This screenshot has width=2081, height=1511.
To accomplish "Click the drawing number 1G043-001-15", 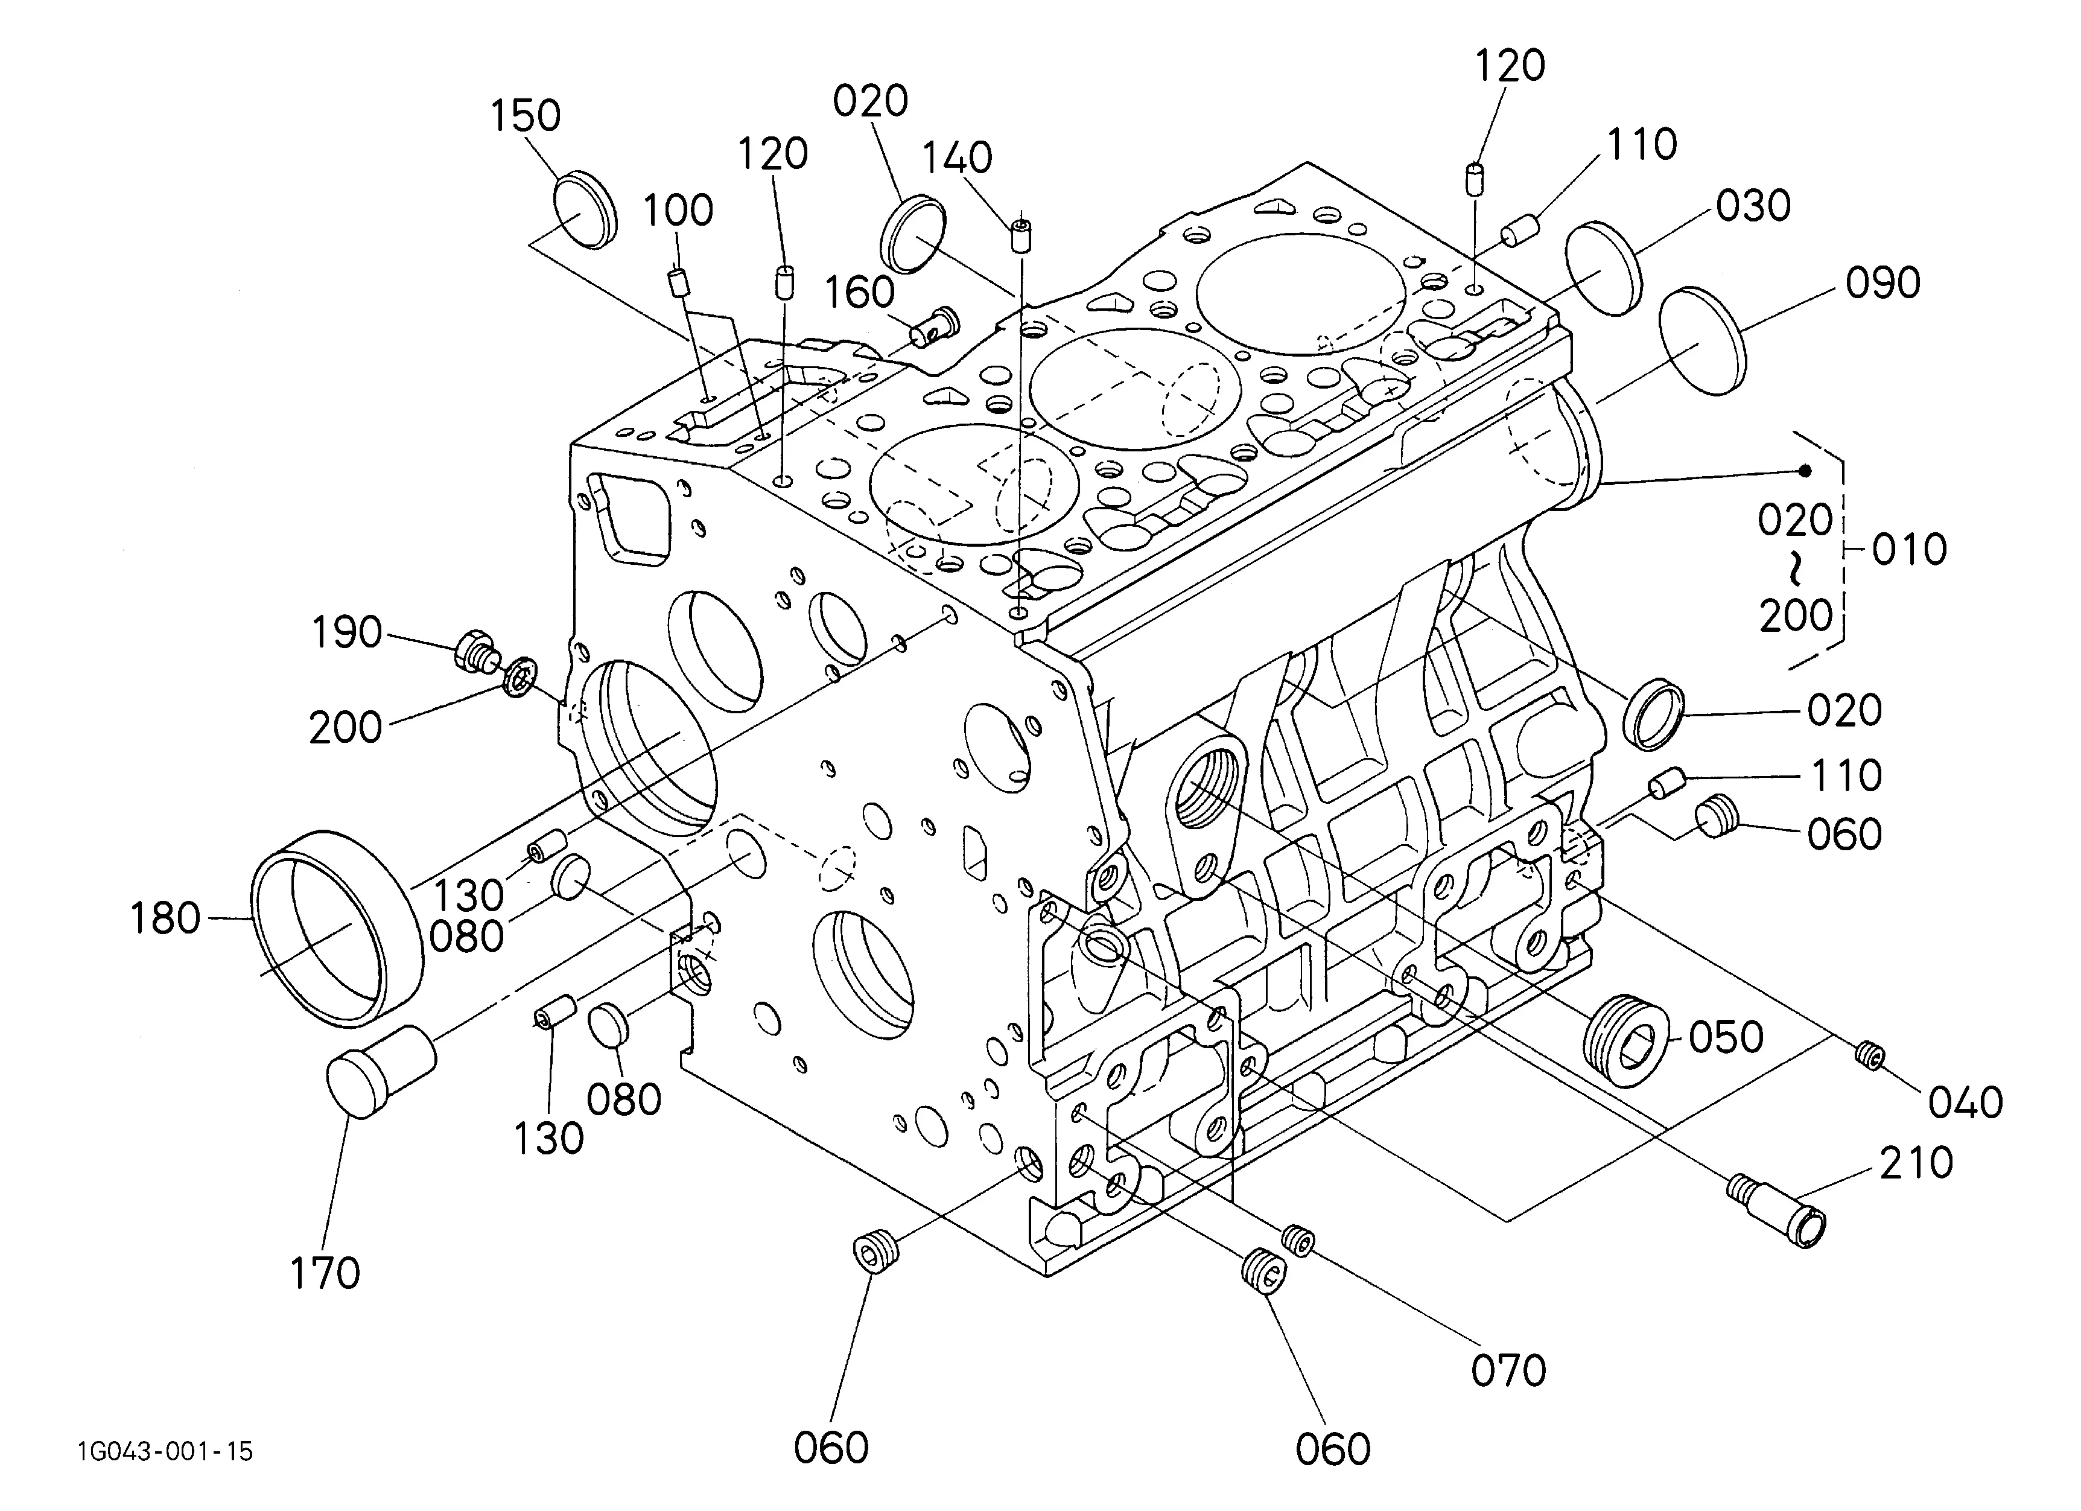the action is tap(165, 1451).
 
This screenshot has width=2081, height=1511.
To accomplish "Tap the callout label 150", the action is tap(525, 116).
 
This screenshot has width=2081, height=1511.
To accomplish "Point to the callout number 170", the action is tap(325, 1273).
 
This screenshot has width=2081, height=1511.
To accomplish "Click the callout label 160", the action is tap(859, 293).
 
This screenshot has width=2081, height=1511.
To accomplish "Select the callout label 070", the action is tap(1508, 1370).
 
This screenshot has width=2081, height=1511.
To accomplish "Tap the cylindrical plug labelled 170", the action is tap(381, 1072).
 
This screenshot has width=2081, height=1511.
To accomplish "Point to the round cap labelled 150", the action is tap(585, 209).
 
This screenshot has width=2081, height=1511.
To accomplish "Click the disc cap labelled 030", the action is tap(1603, 268).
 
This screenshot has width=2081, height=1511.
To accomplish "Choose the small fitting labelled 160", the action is tap(935, 326).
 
